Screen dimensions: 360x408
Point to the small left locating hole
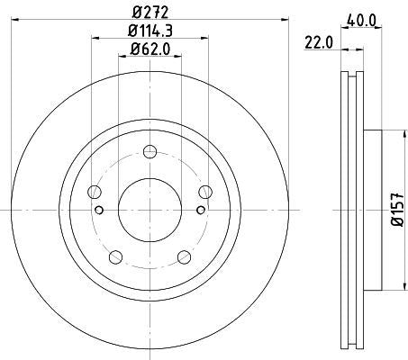coord(99,211)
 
